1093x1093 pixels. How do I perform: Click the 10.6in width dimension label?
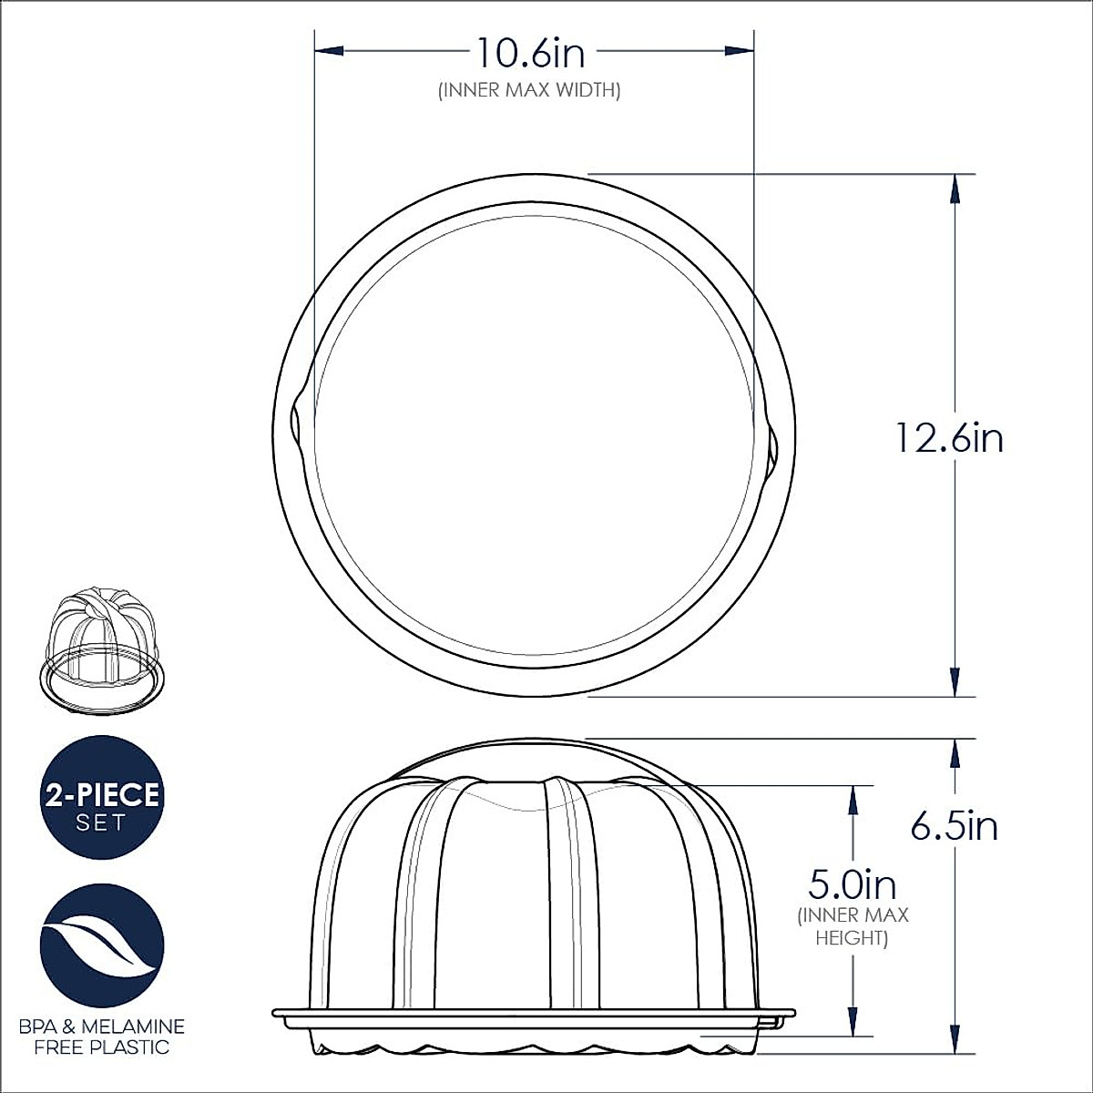(x=531, y=55)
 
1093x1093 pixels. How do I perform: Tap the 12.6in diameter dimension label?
(x=948, y=438)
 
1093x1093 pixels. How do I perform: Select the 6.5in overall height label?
(x=954, y=826)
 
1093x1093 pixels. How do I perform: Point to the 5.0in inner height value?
(x=853, y=884)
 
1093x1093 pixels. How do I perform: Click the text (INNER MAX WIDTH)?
(x=529, y=90)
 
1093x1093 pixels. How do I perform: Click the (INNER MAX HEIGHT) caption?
(x=853, y=926)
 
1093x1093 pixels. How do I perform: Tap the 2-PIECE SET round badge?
(x=101, y=797)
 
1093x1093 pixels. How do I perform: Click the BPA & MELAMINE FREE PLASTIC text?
(x=101, y=1037)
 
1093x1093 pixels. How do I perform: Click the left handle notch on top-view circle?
(x=296, y=424)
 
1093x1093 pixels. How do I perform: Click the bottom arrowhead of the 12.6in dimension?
(x=954, y=682)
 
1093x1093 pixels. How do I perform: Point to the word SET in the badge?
(x=101, y=822)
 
